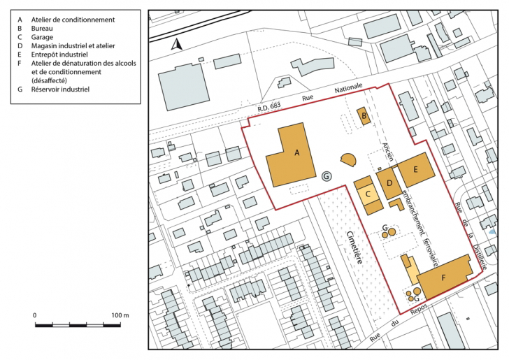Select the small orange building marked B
coord(364,116)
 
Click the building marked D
coord(389,184)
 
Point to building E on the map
coord(416,170)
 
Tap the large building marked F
coord(444,277)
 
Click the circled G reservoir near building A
coord(327,176)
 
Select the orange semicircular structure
coord(349,159)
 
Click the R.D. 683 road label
coord(269,106)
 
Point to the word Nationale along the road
coord(348,87)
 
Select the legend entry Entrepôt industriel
coord(59,55)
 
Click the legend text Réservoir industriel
coord(60,89)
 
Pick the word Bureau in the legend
coord(42,28)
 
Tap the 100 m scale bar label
coord(120,315)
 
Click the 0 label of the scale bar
coord(35,315)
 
